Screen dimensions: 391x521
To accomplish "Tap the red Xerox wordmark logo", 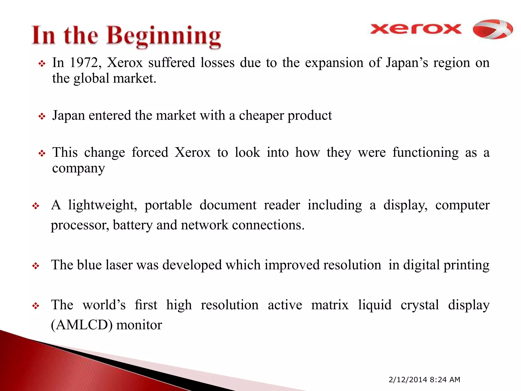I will (416, 29).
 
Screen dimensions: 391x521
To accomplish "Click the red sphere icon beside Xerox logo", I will (493, 29).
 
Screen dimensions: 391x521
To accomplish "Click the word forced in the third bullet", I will (150, 153).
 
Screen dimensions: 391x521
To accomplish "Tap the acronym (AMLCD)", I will (81, 325).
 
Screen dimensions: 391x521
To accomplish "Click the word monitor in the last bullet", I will (139, 325).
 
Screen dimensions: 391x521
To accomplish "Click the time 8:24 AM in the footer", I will (445, 380).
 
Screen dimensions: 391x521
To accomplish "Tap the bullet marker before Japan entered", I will (42, 117).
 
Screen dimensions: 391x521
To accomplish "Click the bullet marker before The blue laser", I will (36, 266).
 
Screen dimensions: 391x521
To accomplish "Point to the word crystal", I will (420, 305).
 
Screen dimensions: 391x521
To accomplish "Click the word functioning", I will (425, 153).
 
